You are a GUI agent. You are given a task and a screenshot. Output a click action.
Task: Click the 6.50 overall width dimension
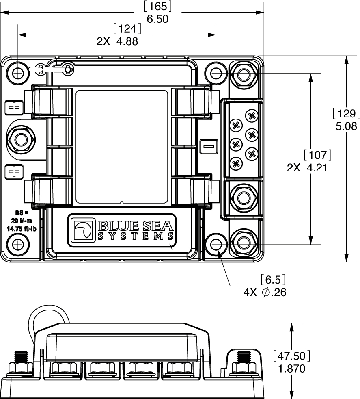pyautogui.click(x=157, y=19)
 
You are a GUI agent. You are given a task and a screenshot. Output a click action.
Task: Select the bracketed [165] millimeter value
pyautogui.click(x=157, y=7)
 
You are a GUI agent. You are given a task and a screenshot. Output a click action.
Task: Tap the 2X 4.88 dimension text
pyautogui.click(x=117, y=41)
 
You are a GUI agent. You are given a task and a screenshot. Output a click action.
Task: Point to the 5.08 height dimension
pyautogui.click(x=346, y=126)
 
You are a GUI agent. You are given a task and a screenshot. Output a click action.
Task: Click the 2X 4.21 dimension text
pyautogui.click(x=307, y=168)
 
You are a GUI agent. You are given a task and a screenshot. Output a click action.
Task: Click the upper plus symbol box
pyautogui.click(x=14, y=108)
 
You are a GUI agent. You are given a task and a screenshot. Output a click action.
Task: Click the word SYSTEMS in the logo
pyautogui.click(x=136, y=236)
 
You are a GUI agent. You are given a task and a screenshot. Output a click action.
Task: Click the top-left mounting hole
pyautogui.click(x=18, y=74)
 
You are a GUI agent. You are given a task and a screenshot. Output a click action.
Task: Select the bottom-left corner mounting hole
pyautogui.click(x=18, y=245)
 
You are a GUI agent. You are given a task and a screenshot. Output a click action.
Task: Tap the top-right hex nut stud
pyautogui.click(x=243, y=74)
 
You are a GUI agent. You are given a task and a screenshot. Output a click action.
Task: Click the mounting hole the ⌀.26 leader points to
pyautogui.click(x=216, y=245)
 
